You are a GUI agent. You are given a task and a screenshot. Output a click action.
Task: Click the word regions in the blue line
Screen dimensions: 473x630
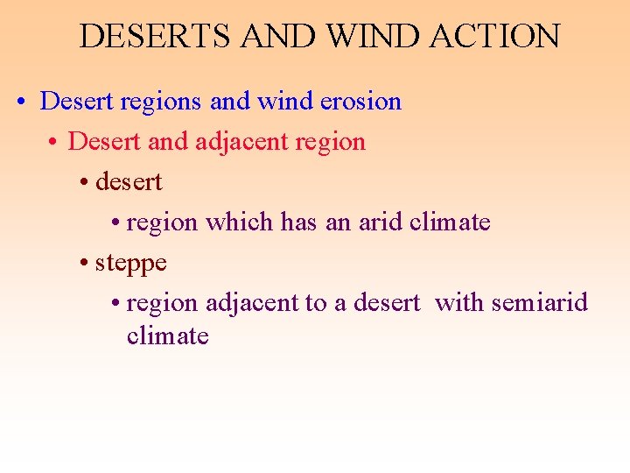coord(162,102)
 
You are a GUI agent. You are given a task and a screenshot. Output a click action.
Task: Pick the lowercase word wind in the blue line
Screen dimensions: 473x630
coord(277,102)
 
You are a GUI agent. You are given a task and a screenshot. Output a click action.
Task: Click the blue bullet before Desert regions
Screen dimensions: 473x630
coord(20,102)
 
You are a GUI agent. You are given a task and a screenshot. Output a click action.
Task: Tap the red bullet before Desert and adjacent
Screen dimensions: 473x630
coord(53,143)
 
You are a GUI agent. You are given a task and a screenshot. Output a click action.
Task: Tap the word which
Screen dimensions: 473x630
coord(241,222)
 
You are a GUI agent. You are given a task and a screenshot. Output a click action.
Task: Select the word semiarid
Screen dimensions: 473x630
coord(539,303)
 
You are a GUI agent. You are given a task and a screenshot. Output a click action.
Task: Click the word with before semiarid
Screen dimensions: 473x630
coord(459,303)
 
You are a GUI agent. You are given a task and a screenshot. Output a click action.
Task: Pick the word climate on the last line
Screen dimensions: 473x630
coord(168,336)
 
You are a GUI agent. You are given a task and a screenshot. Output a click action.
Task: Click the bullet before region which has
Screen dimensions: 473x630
coord(115,223)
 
